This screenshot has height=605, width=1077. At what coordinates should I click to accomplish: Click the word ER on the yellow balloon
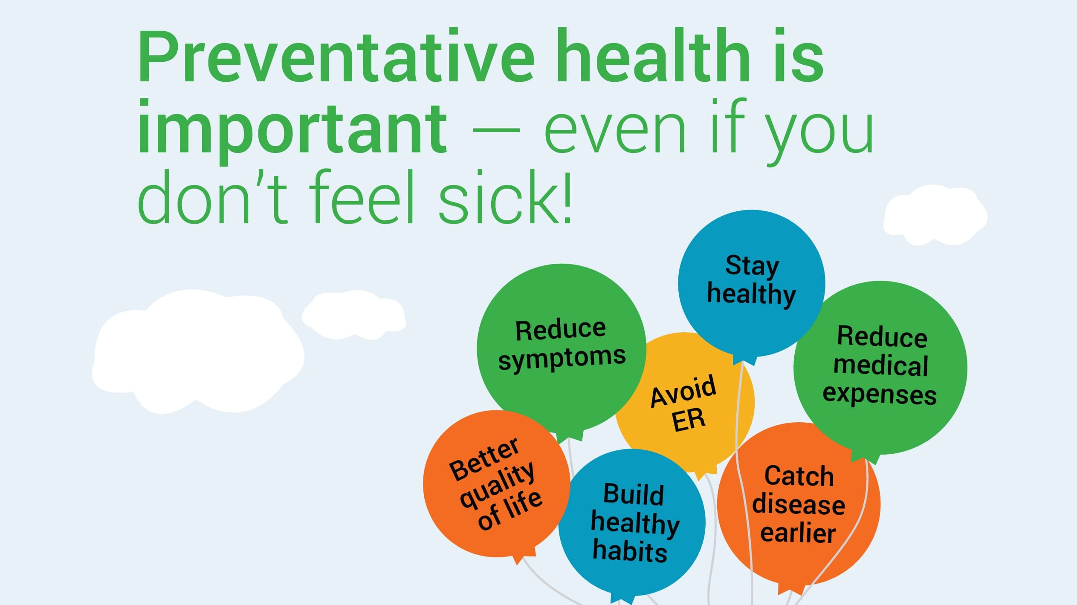689,420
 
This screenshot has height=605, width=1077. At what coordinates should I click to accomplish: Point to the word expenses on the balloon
880,394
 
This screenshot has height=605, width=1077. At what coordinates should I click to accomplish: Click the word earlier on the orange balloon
798,533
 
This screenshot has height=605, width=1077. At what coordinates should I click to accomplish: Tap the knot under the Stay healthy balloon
744,360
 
